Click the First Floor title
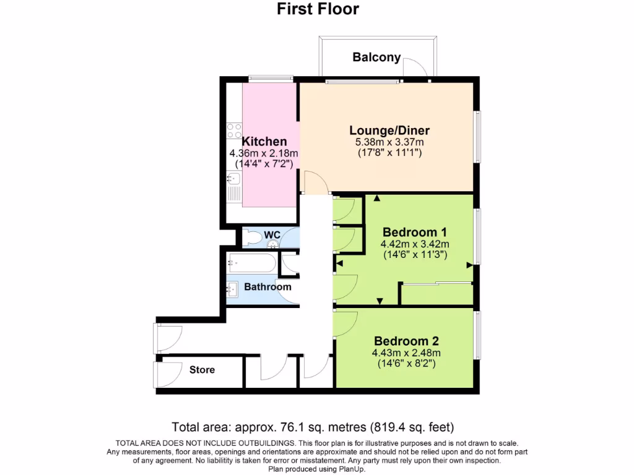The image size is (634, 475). (x=317, y=9)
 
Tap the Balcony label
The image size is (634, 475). (x=376, y=58)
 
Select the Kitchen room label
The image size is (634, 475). (x=264, y=142)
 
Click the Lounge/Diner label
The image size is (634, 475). (x=389, y=131)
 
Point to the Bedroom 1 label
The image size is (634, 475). (x=415, y=232)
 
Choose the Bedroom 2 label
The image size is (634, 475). (x=406, y=341)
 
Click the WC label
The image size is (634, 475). (x=272, y=235)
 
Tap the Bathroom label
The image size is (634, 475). (x=267, y=287)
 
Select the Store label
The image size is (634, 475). (x=202, y=370)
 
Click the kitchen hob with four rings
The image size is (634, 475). (x=233, y=131)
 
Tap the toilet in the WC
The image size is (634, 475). (x=253, y=238)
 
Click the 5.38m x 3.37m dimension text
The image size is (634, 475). (x=389, y=142)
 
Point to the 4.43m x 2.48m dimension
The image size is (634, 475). (x=406, y=353)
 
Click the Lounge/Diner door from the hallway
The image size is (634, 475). (x=315, y=182)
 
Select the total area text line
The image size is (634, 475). (x=313, y=427)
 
